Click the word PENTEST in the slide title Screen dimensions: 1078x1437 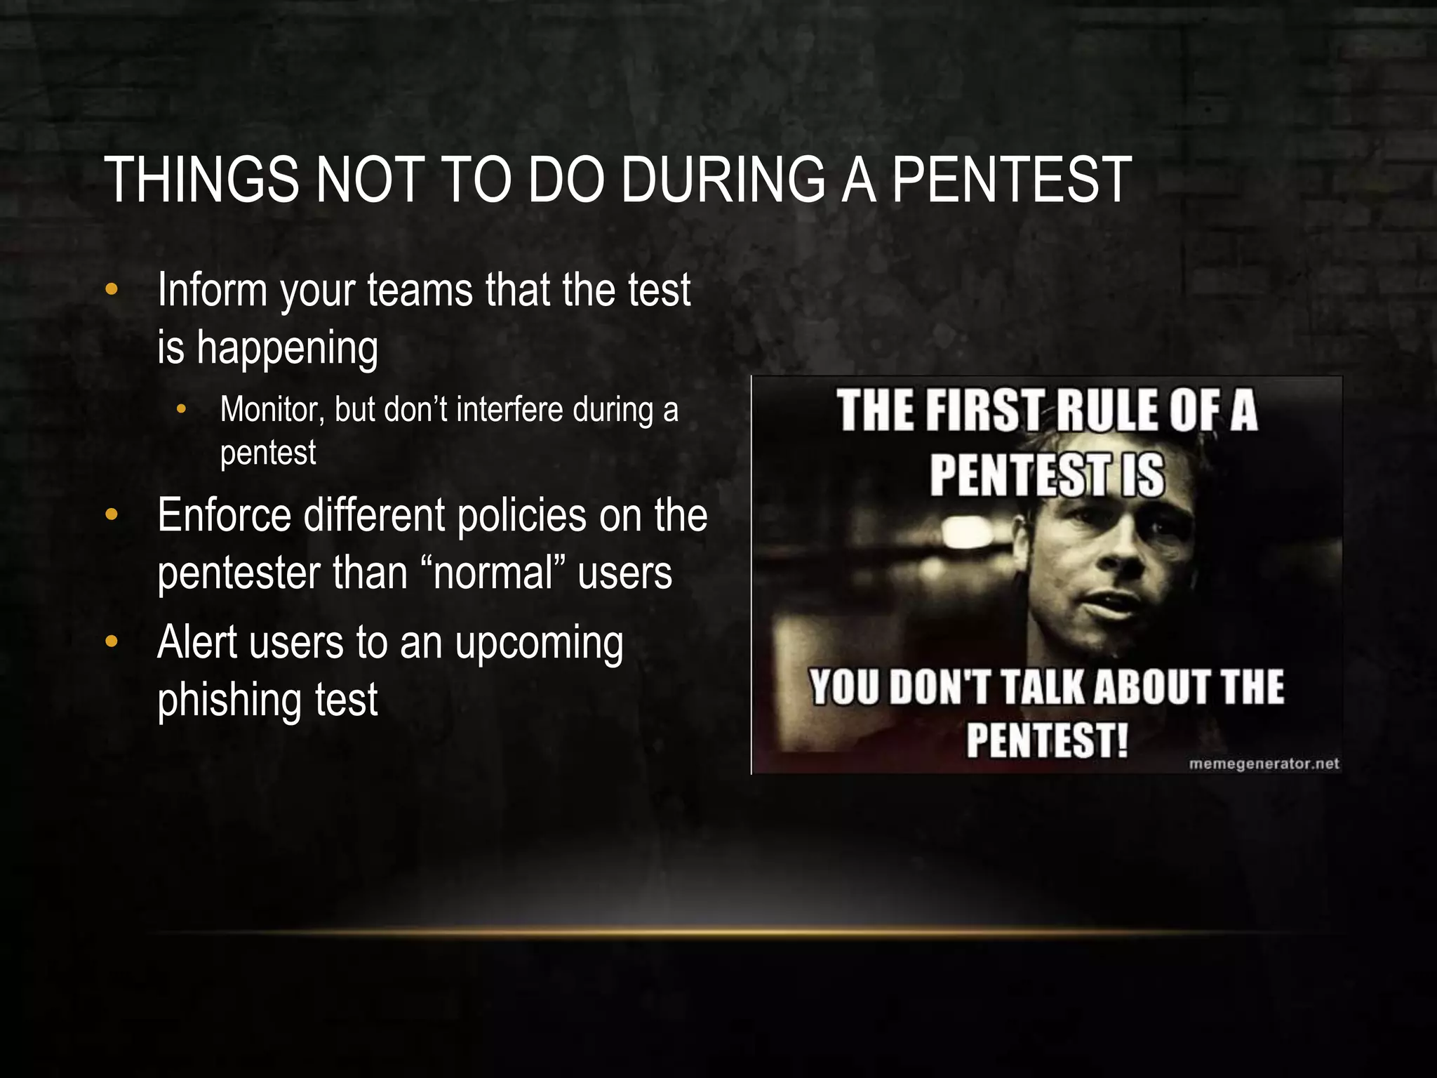pos(1011,180)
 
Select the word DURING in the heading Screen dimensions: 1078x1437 pos(723,180)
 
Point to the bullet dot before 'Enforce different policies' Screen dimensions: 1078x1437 pos(111,516)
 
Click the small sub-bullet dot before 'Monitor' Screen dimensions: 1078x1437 pos(182,409)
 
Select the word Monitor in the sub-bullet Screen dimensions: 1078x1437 pos(272,410)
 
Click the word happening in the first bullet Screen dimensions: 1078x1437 pos(287,348)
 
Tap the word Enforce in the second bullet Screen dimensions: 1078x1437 pos(224,516)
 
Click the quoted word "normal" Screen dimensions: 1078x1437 pos(494,573)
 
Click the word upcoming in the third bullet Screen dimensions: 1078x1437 pos(539,644)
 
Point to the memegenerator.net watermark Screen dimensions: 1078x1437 pos(1264,764)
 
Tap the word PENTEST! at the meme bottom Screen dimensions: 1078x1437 pos(1048,740)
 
